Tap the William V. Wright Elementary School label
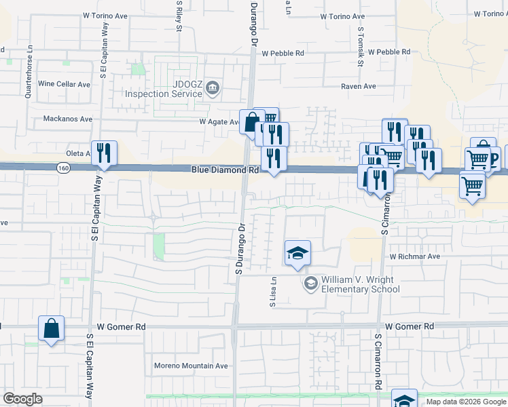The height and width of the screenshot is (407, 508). pyautogui.click(x=360, y=284)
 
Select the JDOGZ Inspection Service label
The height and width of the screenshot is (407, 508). pyautogui.click(x=164, y=89)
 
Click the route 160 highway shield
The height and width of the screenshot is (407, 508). pyautogui.click(x=62, y=168)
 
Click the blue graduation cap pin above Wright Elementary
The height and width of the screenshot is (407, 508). pyautogui.click(x=297, y=254)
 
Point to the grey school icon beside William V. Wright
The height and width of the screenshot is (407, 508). pyautogui.click(x=311, y=284)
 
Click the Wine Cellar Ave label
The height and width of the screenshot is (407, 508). pyautogui.click(x=65, y=84)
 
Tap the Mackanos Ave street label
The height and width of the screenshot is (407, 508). pyautogui.click(x=68, y=119)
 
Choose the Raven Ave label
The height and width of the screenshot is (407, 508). pyautogui.click(x=358, y=87)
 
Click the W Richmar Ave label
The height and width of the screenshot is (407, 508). pyautogui.click(x=414, y=257)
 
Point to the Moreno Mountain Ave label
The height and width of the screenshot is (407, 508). pyautogui.click(x=190, y=366)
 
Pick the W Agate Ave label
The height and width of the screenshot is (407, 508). pyautogui.click(x=219, y=122)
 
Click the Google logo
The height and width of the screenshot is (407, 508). pyautogui.click(x=22, y=399)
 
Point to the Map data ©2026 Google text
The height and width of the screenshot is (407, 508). pyautogui.click(x=465, y=402)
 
